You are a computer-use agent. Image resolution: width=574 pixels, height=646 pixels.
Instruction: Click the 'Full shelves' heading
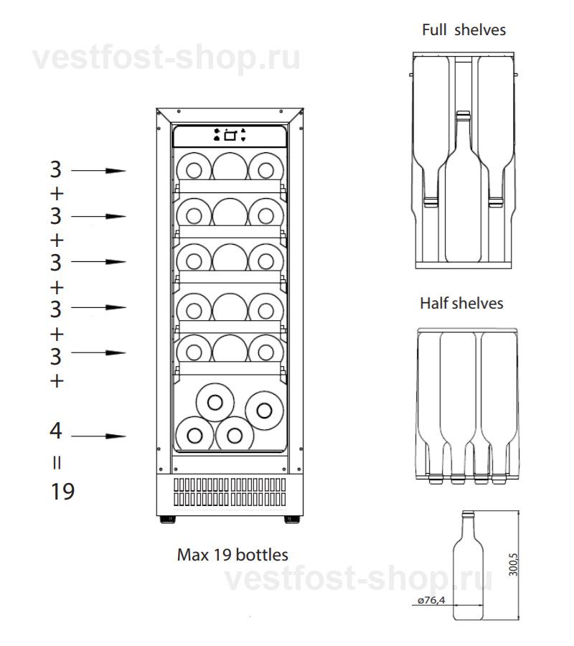pyautogui.click(x=464, y=29)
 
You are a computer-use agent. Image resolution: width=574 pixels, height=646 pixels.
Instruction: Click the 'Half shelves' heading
pyautogui.click(x=461, y=303)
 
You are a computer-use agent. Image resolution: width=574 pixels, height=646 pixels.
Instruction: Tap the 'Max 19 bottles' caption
pyautogui.click(x=232, y=555)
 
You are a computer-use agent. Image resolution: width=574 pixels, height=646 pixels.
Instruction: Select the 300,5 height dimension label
pyautogui.click(x=513, y=564)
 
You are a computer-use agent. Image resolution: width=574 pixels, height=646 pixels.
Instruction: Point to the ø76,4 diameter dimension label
pyautogui.click(x=431, y=600)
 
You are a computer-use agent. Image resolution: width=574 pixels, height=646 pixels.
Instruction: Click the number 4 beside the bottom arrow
pyautogui.click(x=55, y=431)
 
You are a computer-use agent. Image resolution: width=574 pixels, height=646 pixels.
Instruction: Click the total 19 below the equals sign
pyautogui.click(x=62, y=491)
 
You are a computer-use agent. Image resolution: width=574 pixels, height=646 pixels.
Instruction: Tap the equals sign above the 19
pyautogui.click(x=57, y=463)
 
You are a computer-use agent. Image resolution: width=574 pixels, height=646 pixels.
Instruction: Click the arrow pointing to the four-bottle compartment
pyautogui.click(x=98, y=436)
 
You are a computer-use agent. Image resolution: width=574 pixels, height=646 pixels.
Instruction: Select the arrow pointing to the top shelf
pyautogui.click(x=98, y=171)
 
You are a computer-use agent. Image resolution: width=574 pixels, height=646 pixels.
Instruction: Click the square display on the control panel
pyautogui.click(x=230, y=136)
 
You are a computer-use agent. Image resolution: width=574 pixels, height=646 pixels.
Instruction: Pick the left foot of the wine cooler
pyautogui.click(x=168, y=519)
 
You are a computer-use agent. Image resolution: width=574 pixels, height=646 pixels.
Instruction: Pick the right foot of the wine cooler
pyautogui.click(x=292, y=519)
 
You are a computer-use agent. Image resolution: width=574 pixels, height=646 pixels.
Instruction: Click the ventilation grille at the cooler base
pyautogui.click(x=230, y=492)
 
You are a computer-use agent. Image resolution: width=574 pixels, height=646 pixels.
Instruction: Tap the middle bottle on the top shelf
pyautogui.click(x=230, y=166)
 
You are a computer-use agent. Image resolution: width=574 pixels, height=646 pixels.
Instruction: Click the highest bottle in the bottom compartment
pyautogui.click(x=215, y=403)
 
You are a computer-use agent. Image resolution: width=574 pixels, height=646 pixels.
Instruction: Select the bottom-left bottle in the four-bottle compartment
pyautogui.click(x=194, y=435)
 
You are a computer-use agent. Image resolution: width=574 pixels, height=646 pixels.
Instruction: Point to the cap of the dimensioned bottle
pyautogui.click(x=468, y=514)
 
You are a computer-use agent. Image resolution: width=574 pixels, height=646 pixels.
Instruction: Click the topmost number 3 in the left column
pyautogui.click(x=55, y=169)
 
